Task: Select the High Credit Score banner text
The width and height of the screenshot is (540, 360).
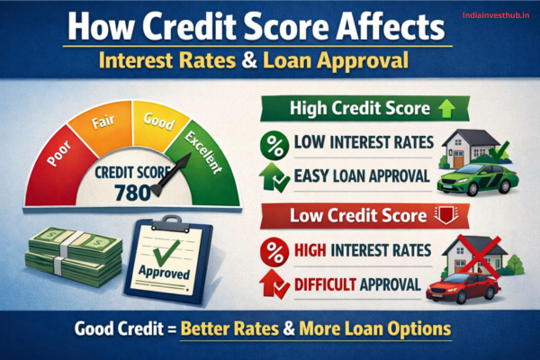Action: (x=346, y=109)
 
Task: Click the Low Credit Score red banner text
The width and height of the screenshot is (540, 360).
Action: (x=345, y=216)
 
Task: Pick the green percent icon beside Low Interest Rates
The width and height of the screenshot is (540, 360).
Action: (x=271, y=144)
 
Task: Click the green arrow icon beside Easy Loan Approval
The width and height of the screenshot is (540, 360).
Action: (x=271, y=176)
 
